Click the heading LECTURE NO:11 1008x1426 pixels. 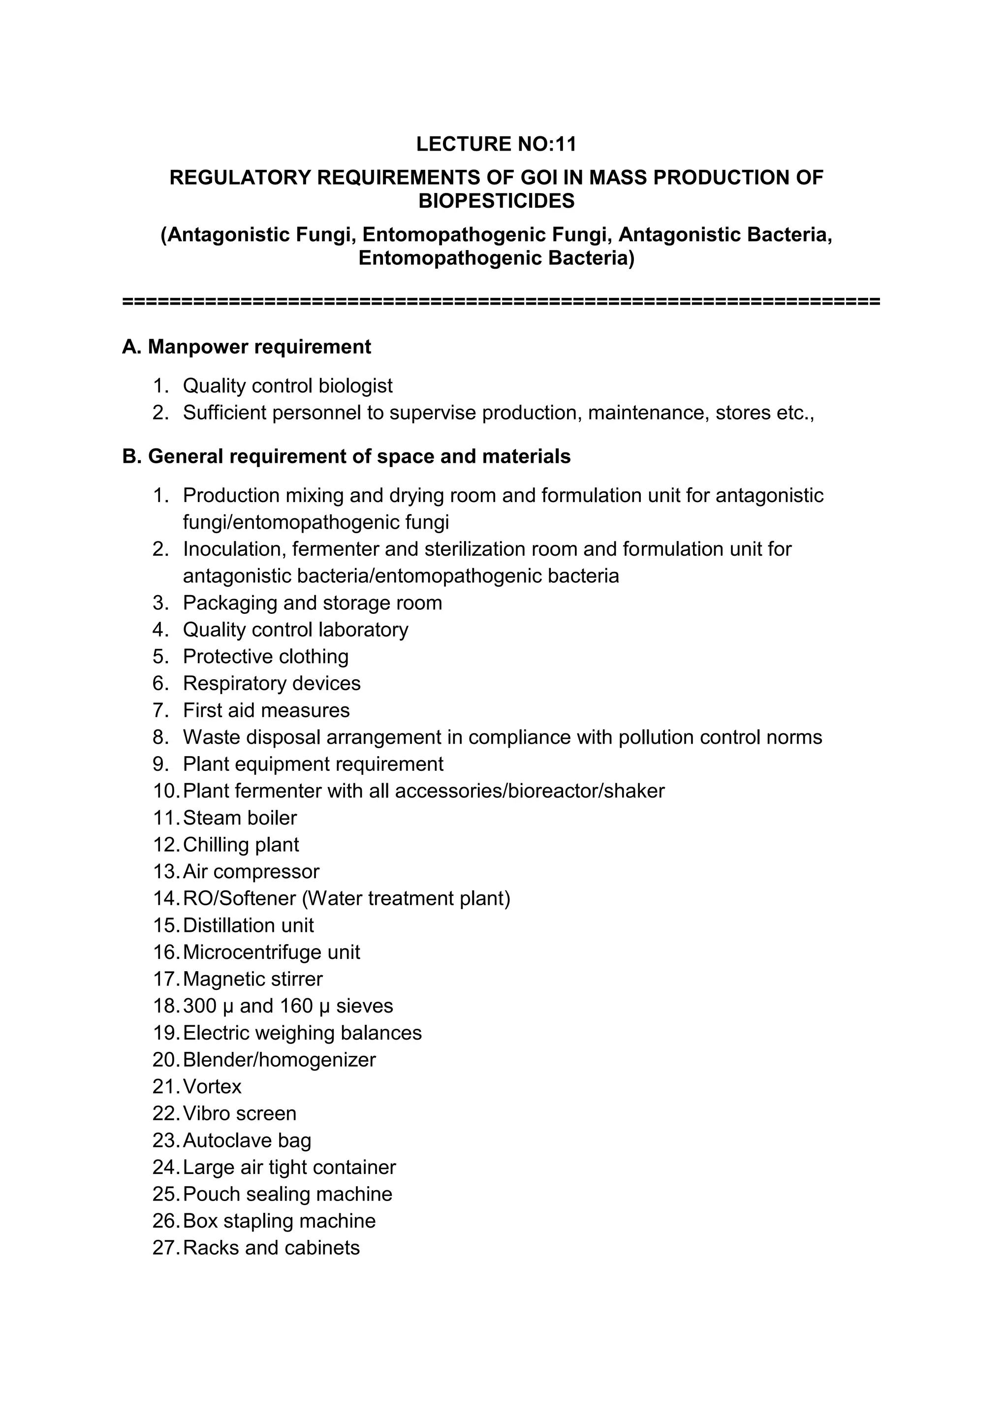pos(496,144)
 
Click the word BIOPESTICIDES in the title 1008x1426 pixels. pos(496,201)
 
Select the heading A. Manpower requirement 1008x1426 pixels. pos(247,347)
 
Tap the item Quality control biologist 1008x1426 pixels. pos(287,386)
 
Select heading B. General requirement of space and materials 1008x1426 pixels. pos(346,456)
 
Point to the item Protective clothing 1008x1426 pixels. pos(265,657)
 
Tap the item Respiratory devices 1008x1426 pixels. pos(271,683)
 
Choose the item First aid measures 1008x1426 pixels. pos(266,710)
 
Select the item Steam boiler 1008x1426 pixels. pos(240,818)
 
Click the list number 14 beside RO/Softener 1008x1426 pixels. pos(166,899)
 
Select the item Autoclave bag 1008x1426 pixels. pos(247,1141)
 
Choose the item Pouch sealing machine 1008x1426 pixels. pos(287,1194)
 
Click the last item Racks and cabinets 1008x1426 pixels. pos(271,1248)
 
